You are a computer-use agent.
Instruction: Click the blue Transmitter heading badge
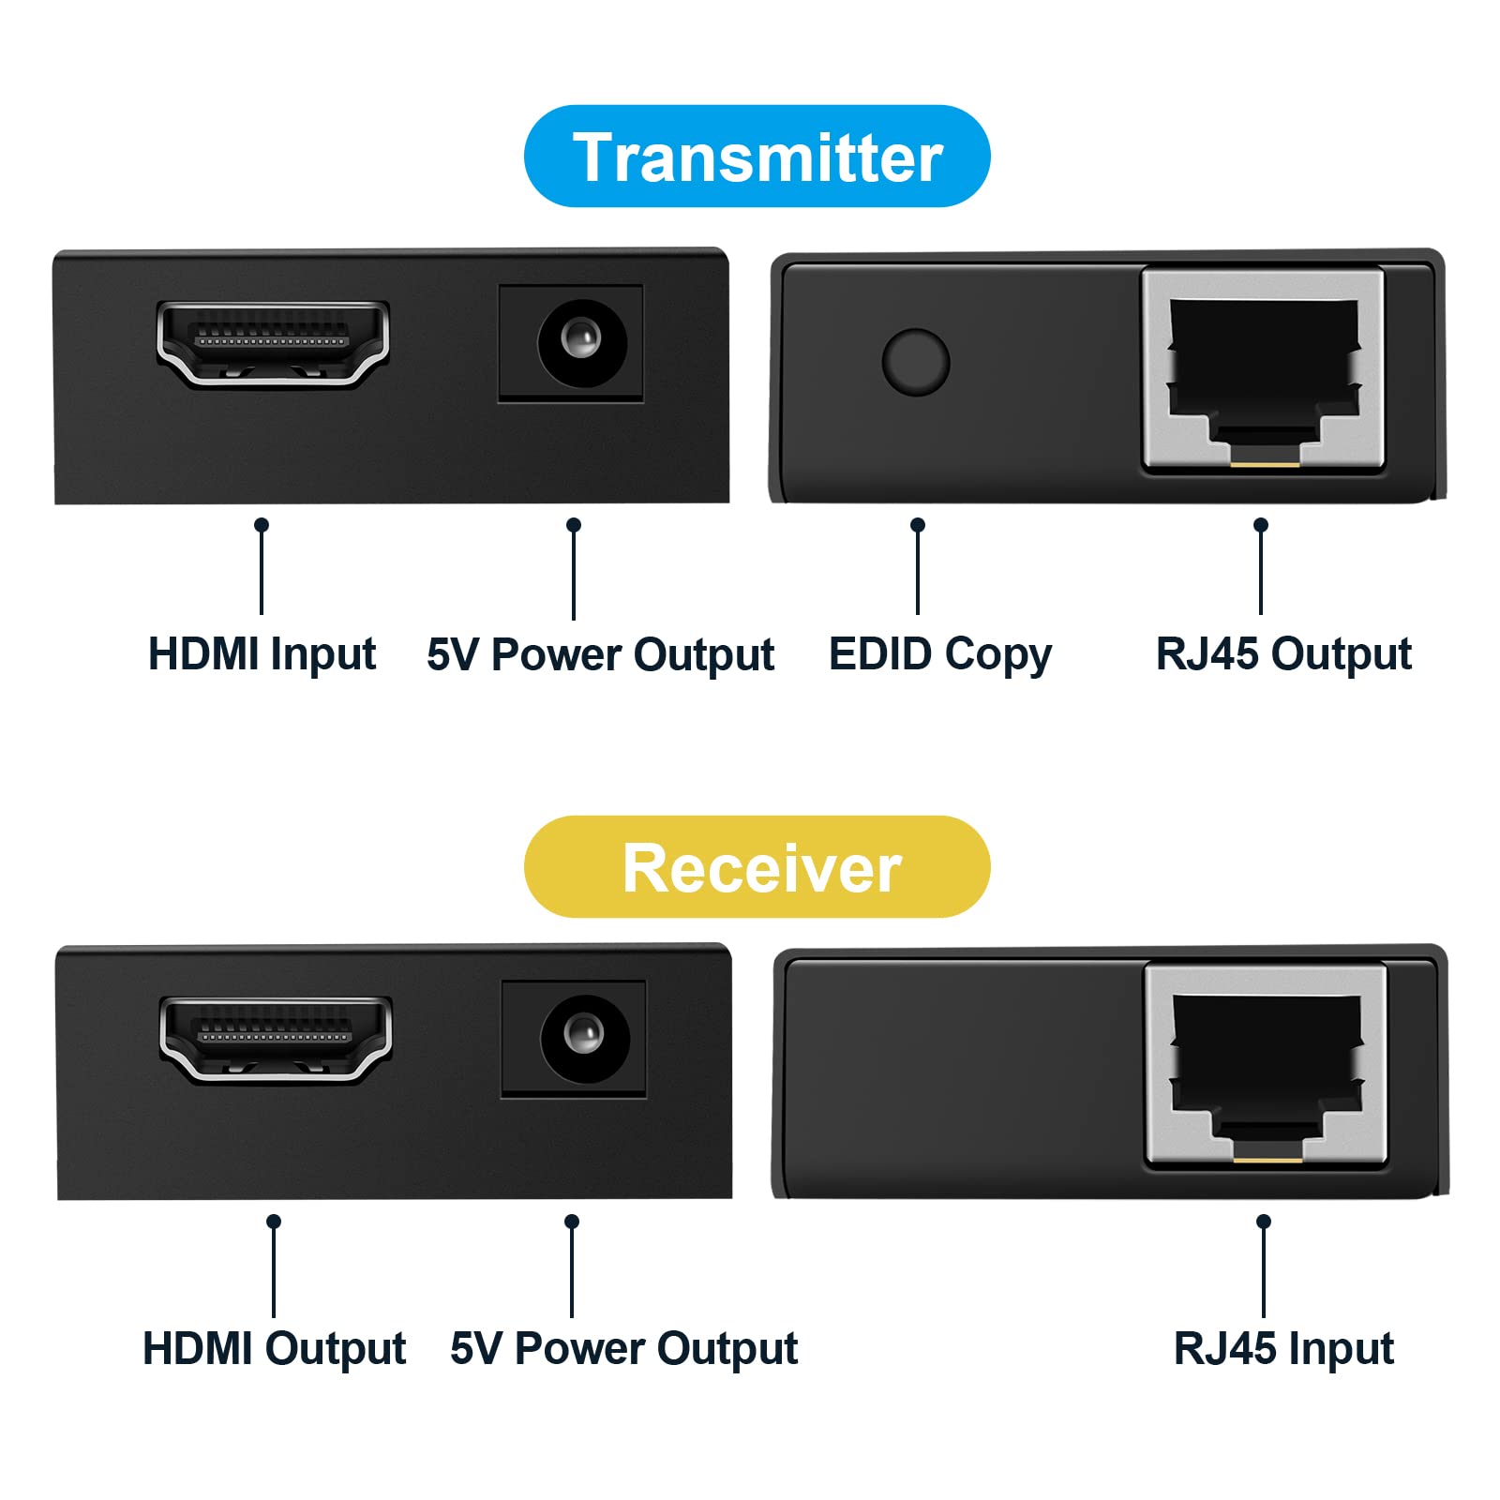coord(757,156)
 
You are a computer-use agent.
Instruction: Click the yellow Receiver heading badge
coord(757,866)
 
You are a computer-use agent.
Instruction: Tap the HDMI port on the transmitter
coord(273,343)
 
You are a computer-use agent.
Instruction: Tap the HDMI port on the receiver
coord(276,1040)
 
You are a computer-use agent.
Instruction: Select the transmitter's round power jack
coord(582,342)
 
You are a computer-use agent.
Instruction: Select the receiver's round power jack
coord(585,1038)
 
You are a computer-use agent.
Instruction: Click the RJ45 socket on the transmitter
coord(1263,368)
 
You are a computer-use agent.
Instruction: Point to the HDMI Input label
coord(262,654)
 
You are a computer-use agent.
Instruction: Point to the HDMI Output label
coord(274,1350)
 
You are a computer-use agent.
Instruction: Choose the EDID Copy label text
coord(940,654)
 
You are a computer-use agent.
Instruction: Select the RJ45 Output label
coord(1283,654)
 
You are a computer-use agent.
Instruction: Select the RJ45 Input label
coord(1283,1350)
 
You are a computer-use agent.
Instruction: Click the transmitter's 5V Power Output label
coord(600,654)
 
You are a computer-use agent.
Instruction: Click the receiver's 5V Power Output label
coord(623,1350)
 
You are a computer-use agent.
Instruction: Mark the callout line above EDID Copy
coord(918,566)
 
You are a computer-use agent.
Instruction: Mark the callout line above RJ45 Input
coord(1264,1266)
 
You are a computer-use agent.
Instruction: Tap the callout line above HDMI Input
coord(262,566)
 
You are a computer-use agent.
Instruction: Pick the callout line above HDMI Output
coord(274,1266)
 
